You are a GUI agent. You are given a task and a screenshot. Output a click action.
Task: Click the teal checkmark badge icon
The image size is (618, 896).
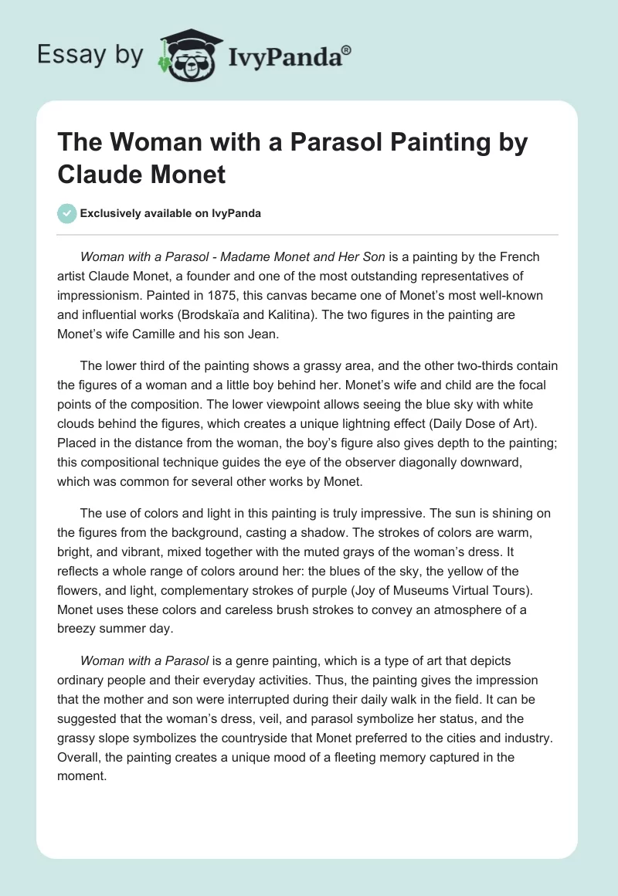coord(67,213)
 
